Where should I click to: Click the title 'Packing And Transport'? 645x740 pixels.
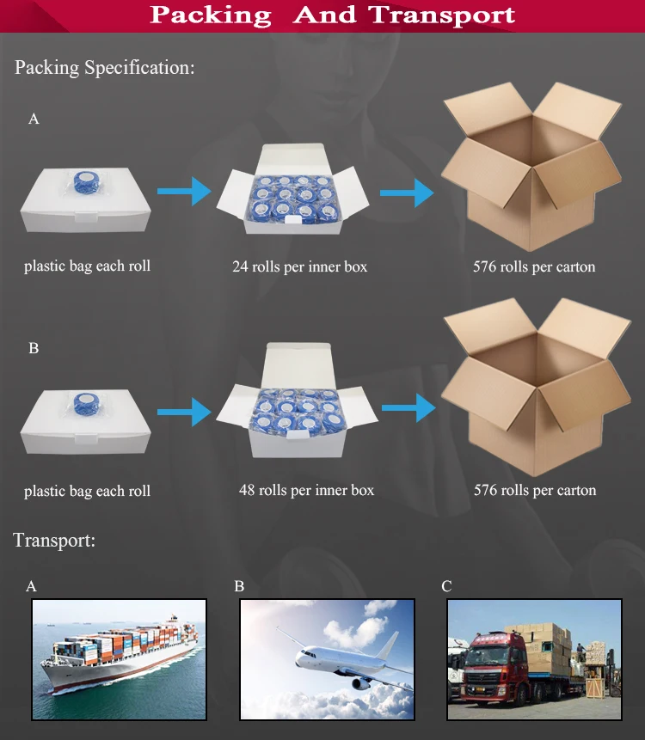click(332, 15)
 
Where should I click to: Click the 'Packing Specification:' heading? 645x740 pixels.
click(105, 68)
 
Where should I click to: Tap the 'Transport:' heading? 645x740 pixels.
click(54, 541)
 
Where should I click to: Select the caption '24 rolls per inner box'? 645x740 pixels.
click(299, 266)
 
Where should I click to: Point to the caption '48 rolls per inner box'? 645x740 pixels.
click(306, 491)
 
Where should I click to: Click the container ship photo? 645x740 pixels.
click(119, 658)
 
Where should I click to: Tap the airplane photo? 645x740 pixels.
click(327, 658)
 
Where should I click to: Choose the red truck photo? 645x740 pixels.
click(534, 658)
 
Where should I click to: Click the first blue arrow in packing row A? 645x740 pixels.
click(184, 191)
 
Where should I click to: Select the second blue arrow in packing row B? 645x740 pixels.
click(408, 407)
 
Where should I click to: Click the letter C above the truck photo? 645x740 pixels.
click(446, 586)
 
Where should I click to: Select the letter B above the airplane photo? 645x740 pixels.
click(239, 586)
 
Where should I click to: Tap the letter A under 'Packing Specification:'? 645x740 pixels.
click(34, 119)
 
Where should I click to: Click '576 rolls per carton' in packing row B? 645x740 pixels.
click(535, 491)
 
